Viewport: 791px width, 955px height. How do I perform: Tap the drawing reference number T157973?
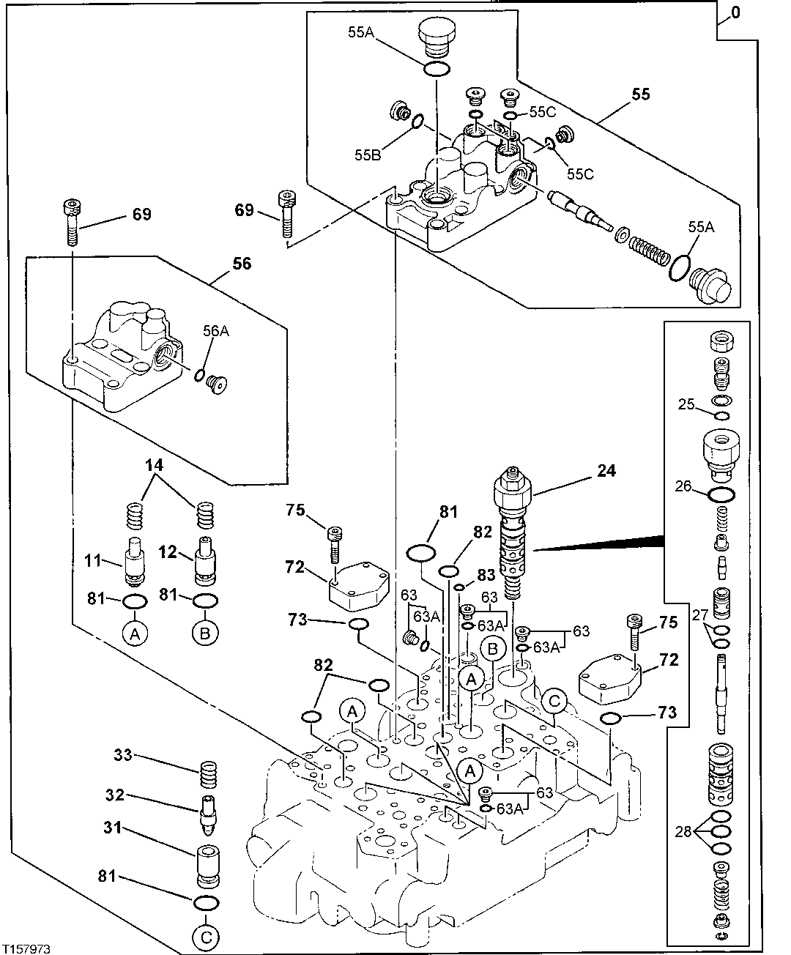point(26,948)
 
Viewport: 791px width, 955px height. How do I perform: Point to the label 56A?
point(215,331)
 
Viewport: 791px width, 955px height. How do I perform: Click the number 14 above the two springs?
point(154,465)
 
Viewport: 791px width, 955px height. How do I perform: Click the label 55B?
point(367,155)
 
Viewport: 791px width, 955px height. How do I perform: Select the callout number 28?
point(683,831)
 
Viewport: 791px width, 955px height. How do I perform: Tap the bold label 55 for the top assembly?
point(642,94)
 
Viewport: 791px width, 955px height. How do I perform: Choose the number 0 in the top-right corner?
point(735,14)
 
